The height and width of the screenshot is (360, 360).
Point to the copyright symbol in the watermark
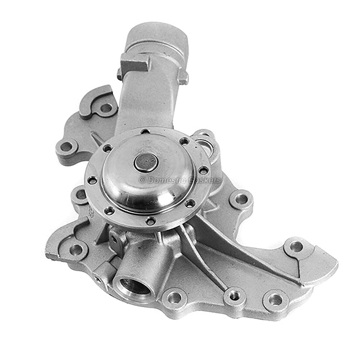[142, 180]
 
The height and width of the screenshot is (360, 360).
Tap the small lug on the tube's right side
[183, 75]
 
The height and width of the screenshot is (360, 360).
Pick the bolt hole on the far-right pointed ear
[295, 246]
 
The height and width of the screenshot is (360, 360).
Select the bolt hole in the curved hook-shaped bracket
[105, 107]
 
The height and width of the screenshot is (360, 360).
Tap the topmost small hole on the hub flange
[145, 132]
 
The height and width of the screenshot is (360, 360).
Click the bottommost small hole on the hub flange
[150, 220]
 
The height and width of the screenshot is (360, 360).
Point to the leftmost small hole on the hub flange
[90, 181]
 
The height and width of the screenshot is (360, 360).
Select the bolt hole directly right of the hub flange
[241, 198]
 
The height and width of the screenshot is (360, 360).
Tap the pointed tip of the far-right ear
[336, 263]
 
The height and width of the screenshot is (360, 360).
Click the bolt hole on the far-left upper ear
[66, 147]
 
